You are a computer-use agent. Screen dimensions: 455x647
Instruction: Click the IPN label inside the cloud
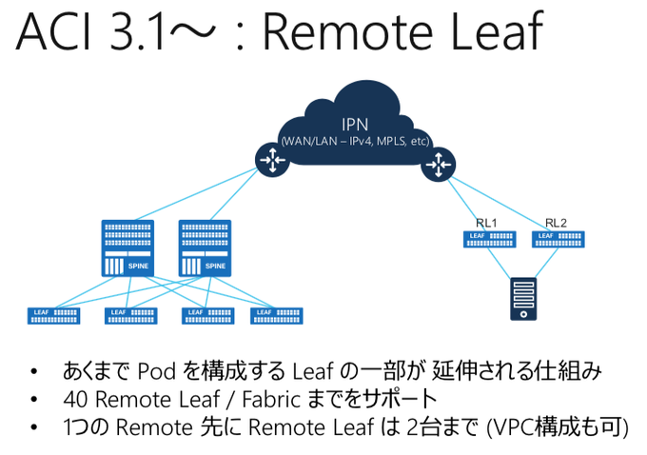355,125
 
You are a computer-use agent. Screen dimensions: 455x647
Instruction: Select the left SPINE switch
127,249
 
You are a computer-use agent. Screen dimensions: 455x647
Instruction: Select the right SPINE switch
205,249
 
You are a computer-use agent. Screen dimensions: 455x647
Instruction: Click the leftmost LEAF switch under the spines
54,315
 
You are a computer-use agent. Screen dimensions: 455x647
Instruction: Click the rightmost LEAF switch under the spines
276,315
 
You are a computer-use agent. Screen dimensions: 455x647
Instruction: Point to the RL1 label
487,223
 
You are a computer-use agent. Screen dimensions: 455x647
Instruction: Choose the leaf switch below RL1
488,238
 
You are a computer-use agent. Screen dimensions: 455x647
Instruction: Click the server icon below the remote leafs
522,299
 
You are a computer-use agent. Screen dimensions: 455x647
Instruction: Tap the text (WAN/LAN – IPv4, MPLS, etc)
355,142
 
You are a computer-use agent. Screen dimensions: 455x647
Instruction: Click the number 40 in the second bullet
74,399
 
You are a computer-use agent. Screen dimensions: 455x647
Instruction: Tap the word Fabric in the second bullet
263,399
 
